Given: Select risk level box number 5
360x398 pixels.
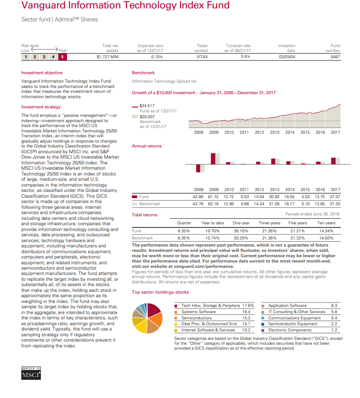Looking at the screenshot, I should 63,57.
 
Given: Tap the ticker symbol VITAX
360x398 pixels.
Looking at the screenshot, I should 202,57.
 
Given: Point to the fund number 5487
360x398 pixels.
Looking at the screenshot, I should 335,57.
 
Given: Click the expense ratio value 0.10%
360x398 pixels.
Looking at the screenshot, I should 157,57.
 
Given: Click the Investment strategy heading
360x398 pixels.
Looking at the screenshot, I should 41,107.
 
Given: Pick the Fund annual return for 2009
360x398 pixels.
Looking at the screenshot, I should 214,197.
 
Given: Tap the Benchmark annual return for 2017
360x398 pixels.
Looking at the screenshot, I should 335,204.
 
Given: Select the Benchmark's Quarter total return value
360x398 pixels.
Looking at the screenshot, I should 184,238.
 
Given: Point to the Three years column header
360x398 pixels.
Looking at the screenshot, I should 269,223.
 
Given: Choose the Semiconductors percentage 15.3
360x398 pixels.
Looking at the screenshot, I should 246,318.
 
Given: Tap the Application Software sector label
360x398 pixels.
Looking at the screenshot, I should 287,306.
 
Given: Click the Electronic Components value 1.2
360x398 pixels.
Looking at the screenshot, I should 335,330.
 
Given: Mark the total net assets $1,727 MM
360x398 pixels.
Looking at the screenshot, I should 107,57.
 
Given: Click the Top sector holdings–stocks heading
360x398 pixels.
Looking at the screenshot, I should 160,292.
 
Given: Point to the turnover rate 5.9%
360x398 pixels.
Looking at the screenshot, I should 245,57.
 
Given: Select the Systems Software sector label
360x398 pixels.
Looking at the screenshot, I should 198,312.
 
